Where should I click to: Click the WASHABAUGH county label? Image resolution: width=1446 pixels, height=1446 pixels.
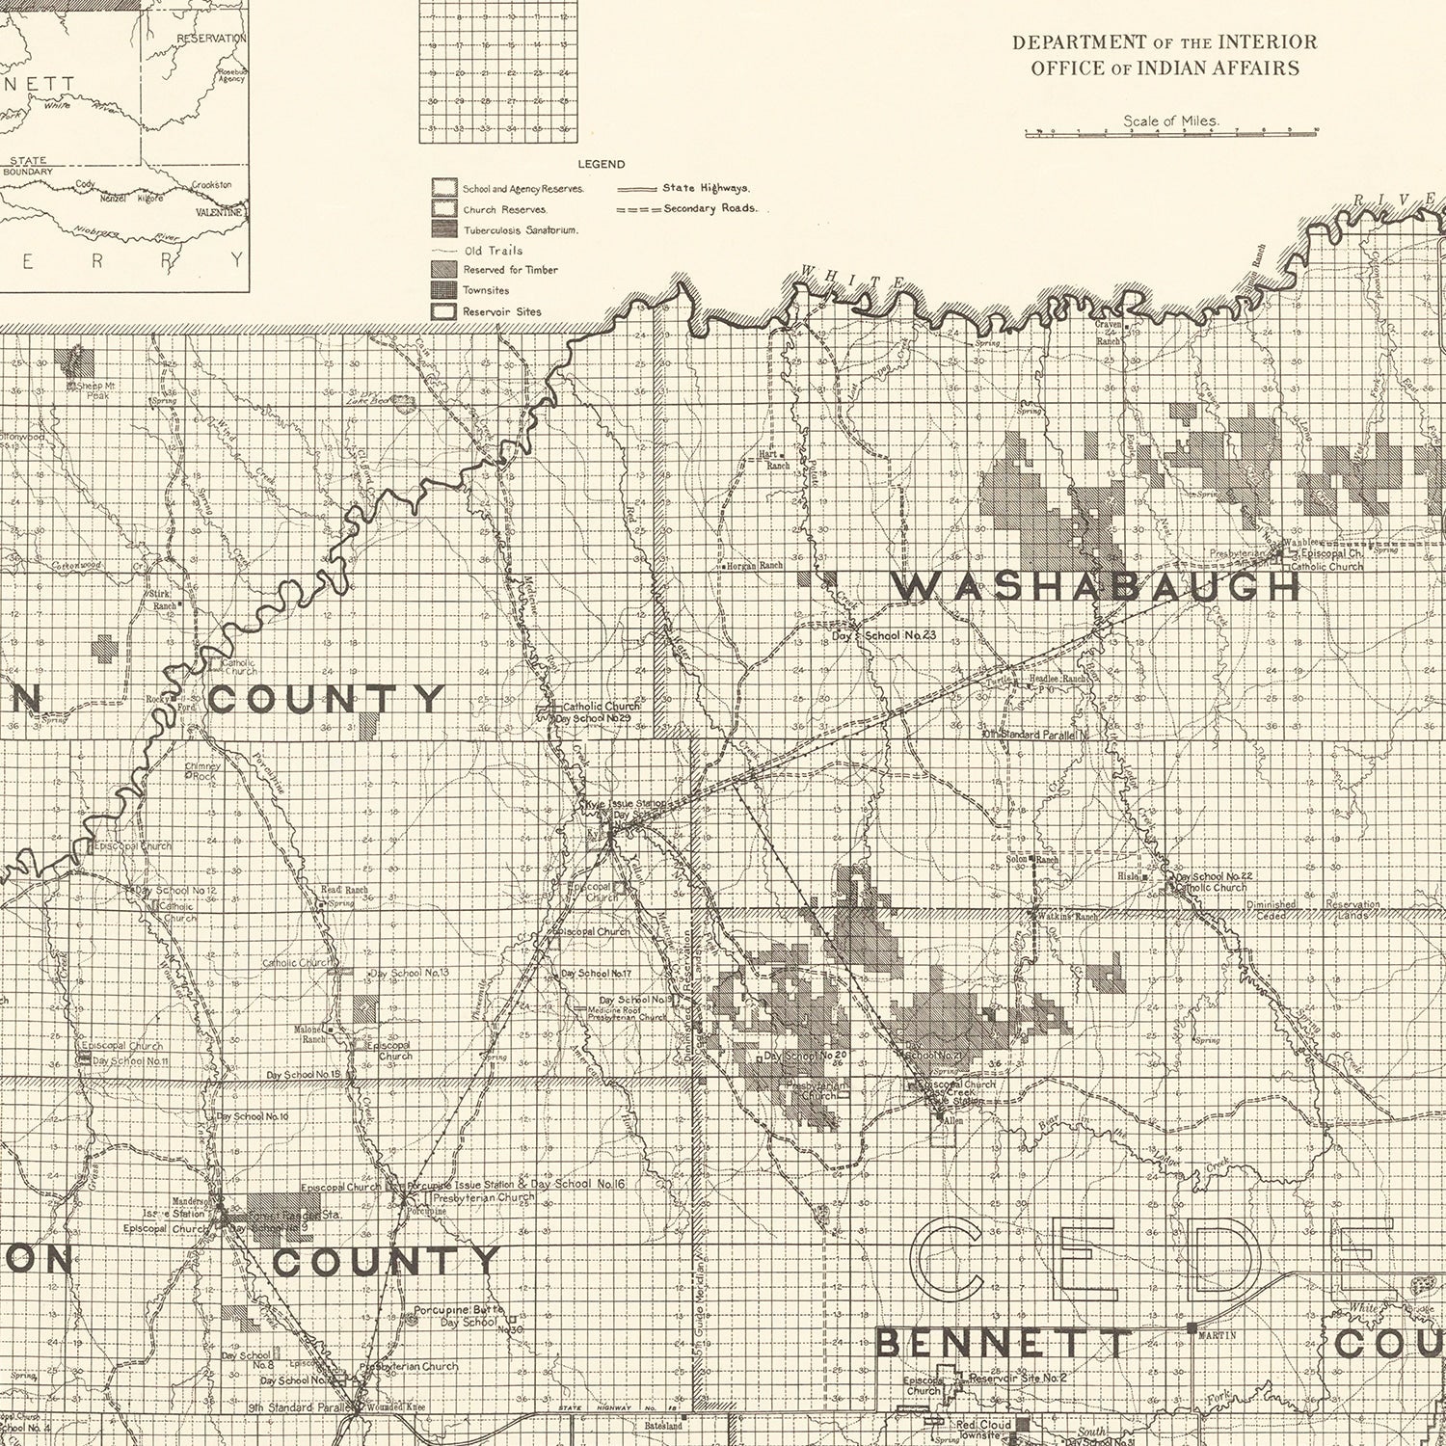click(x=1095, y=586)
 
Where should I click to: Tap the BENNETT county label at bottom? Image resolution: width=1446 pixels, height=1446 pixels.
click(x=1003, y=1343)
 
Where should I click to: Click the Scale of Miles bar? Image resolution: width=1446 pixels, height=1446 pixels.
click(x=1170, y=132)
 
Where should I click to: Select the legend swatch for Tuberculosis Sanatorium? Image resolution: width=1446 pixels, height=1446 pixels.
click(x=444, y=228)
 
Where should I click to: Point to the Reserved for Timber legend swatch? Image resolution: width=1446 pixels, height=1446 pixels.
click(x=444, y=270)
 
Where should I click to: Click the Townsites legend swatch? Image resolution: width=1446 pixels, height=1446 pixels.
click(x=444, y=290)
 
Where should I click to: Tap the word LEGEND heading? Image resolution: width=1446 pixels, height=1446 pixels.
click(x=601, y=165)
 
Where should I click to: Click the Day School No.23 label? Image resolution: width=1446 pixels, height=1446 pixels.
click(x=885, y=635)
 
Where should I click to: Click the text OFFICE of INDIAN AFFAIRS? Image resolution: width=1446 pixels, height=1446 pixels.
click(x=1165, y=68)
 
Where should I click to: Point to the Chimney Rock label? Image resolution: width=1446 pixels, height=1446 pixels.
click(x=202, y=771)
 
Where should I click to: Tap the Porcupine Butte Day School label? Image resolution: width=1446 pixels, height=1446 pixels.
click(x=457, y=1316)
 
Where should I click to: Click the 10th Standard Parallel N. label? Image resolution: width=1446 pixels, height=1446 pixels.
click(x=1035, y=735)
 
